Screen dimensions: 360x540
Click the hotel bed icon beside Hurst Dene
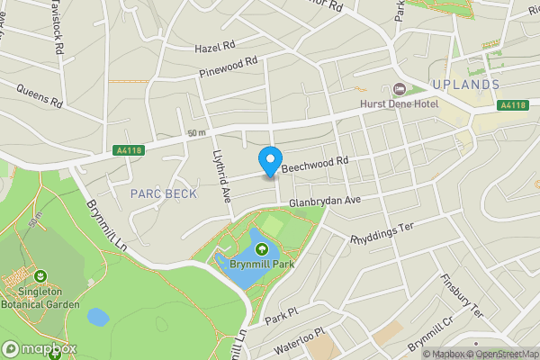point(400,88)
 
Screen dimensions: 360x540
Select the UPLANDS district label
point(464,84)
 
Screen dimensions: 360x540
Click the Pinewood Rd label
point(229,66)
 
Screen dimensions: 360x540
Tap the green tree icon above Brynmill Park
point(261,238)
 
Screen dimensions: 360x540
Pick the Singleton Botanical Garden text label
point(40,303)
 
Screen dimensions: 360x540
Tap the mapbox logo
point(40,348)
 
